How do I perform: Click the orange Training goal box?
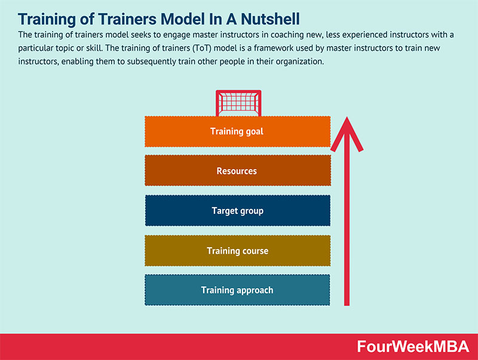point(237,131)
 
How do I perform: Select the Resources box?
point(237,171)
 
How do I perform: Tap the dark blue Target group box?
point(237,211)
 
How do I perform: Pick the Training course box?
point(237,251)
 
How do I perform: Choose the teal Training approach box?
point(237,290)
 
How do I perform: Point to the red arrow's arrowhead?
point(346,133)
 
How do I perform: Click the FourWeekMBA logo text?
point(412,347)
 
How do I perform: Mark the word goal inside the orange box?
point(253,131)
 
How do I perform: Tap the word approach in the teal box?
point(253,290)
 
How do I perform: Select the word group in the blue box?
point(252,211)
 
